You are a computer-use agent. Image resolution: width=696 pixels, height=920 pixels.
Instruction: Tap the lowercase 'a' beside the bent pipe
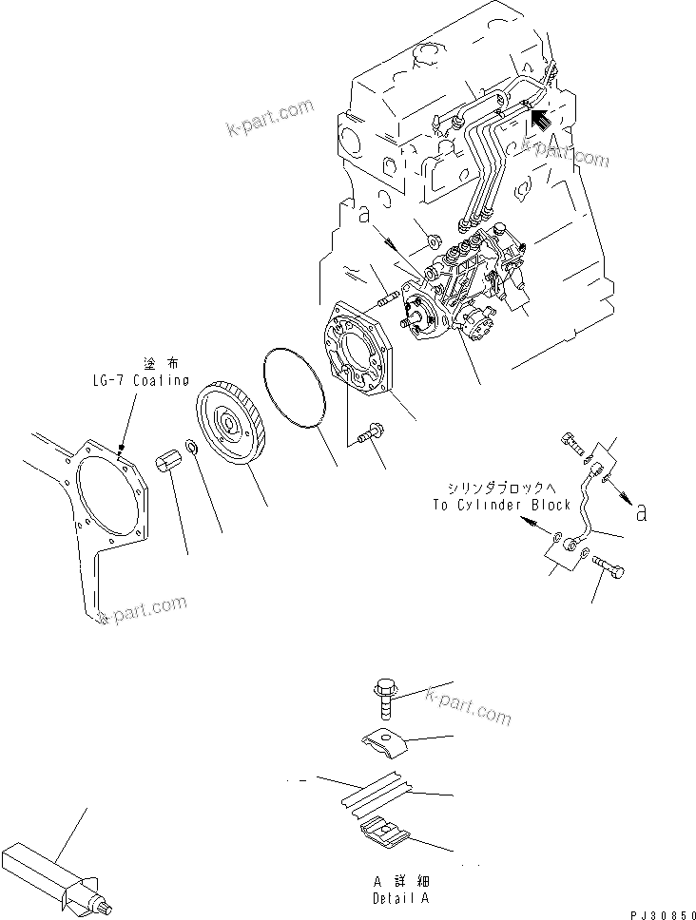coord(642,513)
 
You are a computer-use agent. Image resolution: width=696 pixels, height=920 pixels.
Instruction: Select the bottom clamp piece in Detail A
coord(386,833)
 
